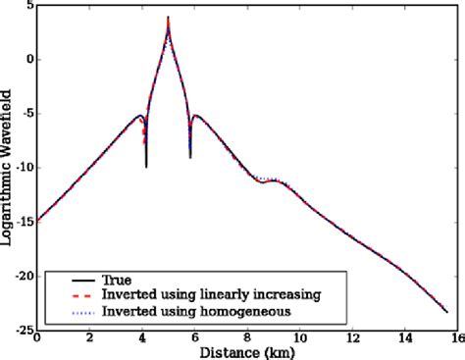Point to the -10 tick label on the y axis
(24, 168)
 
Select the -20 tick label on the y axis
(24, 277)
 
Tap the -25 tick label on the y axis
(24, 331)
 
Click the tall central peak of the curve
(169, 18)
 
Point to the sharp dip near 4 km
(146, 166)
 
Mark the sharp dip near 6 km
(190, 156)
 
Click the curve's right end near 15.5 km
(447, 312)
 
